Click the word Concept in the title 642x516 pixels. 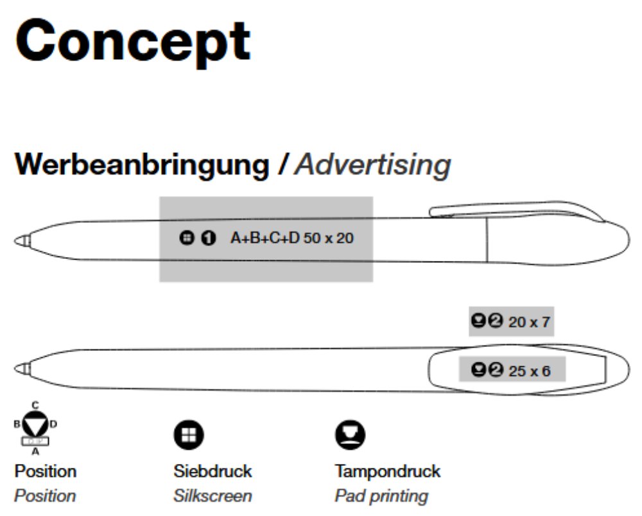pos(132,40)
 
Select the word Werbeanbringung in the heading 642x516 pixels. pos(142,165)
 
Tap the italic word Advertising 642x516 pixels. pos(373,165)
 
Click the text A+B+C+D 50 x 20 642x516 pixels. pos(292,238)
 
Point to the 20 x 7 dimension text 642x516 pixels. pos(529,322)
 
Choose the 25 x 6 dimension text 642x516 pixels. pos(529,371)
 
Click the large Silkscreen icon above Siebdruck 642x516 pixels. pos(189,436)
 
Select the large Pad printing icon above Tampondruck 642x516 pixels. pos(350,436)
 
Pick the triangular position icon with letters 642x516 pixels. pos(35,425)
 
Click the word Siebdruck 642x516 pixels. pos(213,471)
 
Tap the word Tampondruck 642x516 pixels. pos(388,471)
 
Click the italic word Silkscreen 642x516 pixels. pos(213,496)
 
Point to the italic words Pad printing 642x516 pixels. pos(381,496)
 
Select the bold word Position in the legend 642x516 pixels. pos(45,471)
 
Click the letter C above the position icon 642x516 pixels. pos(35,405)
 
